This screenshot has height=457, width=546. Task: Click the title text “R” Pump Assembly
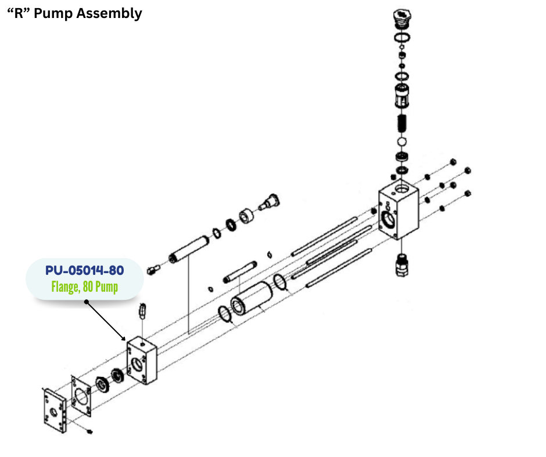pos(74,13)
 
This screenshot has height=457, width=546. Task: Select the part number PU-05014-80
pos(85,270)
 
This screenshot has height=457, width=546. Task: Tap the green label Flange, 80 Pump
pos(85,286)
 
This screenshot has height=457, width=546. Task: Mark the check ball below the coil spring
pos(400,142)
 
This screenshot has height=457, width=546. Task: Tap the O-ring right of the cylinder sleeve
pos(280,282)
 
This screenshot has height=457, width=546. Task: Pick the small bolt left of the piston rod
pos(153,267)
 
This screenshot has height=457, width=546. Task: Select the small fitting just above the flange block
pos(142,311)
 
